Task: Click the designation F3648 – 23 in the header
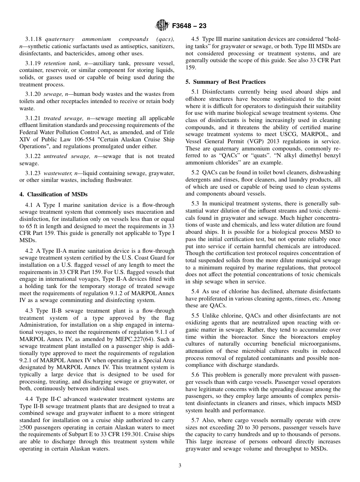(189, 26)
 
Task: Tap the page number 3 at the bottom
(180, 466)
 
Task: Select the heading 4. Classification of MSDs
(53, 194)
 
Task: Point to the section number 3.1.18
(34, 39)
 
